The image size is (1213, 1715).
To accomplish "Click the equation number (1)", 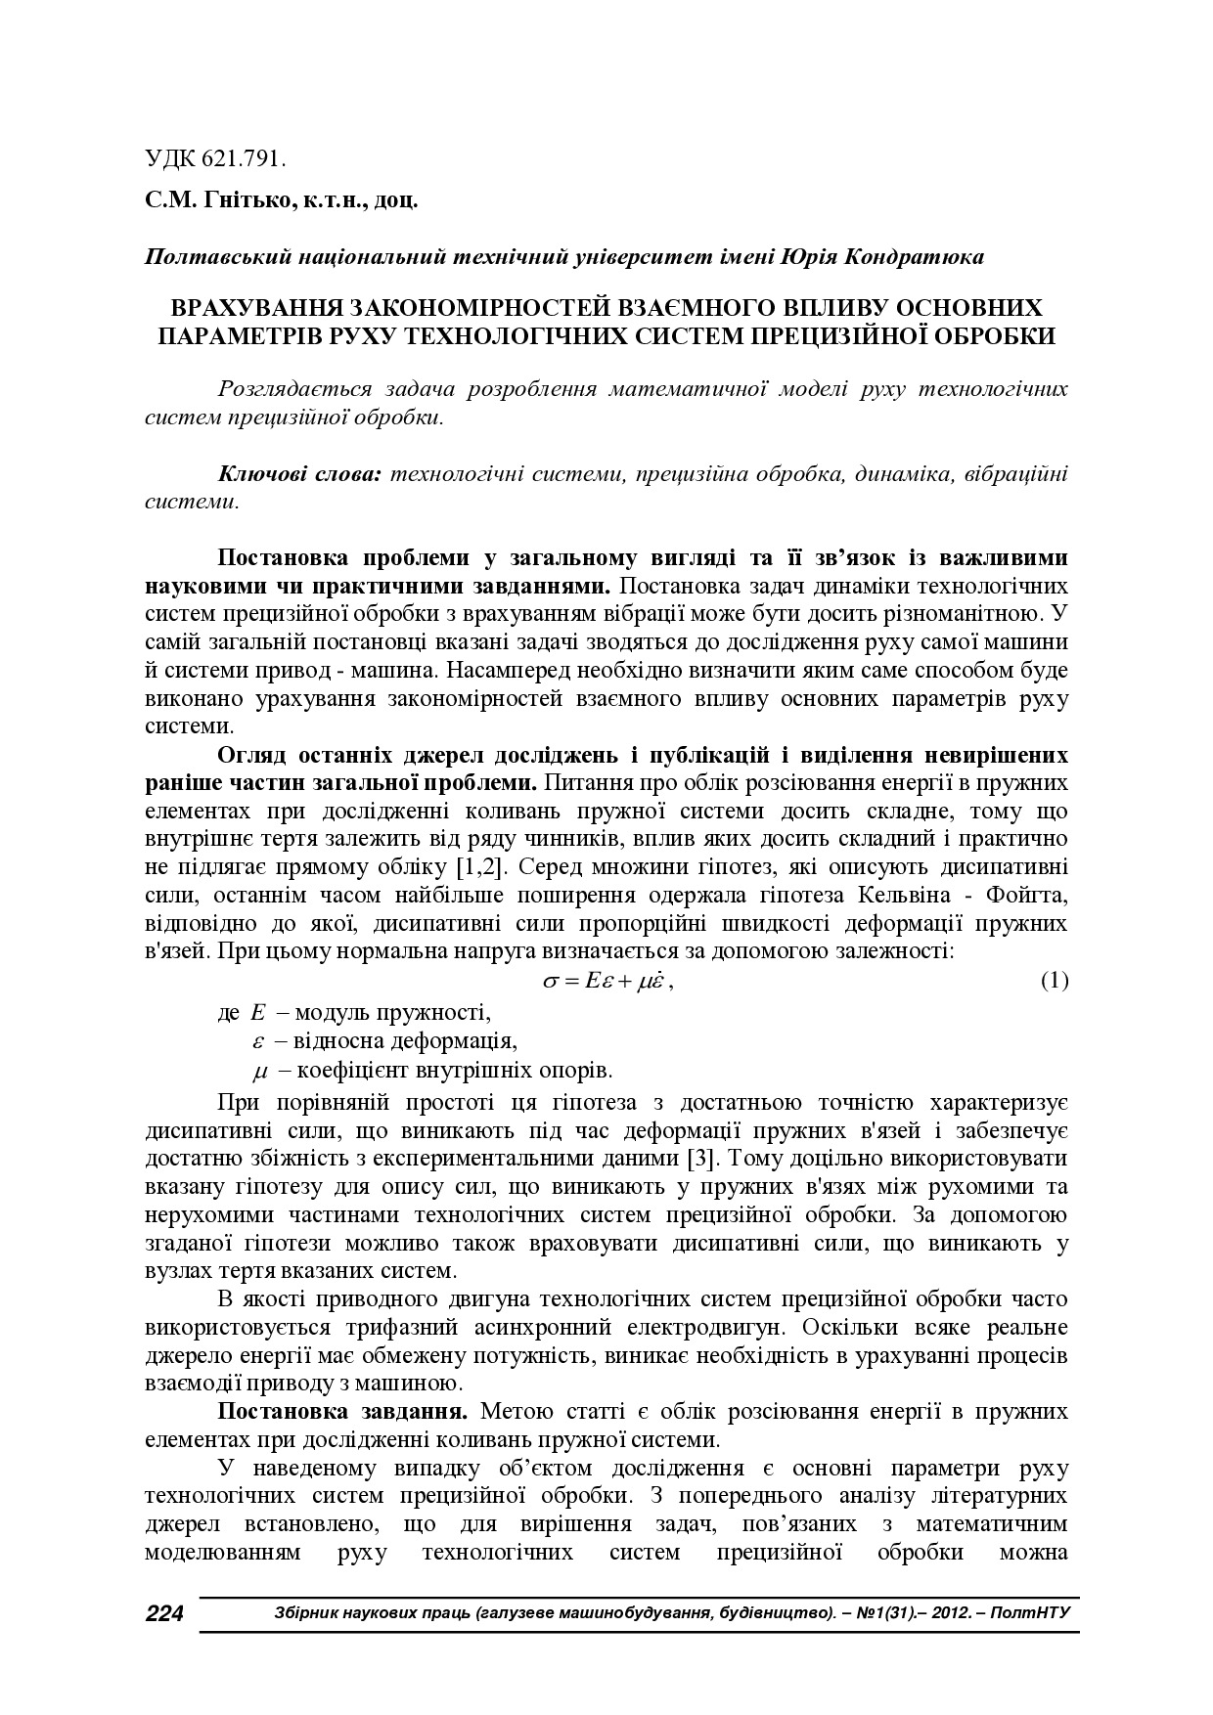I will click(x=1054, y=981).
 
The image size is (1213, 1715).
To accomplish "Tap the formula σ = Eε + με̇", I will click(x=606, y=981).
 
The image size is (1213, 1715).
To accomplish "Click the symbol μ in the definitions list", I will click(x=259, y=1071).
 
